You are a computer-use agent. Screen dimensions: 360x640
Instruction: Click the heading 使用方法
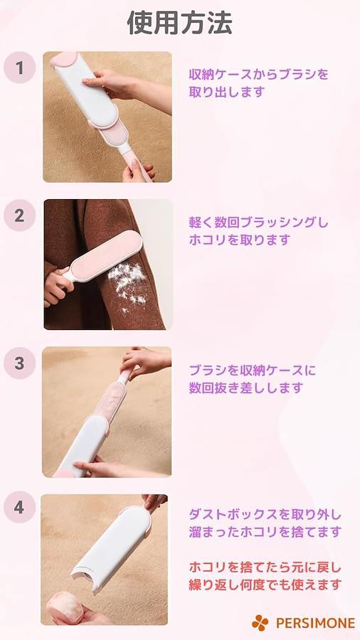179,23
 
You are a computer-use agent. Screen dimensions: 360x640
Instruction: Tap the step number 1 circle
20,68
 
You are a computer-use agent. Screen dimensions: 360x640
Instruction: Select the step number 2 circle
20,215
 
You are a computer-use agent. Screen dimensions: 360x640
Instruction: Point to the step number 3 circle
20,363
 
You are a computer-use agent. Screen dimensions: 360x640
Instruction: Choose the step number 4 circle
20,507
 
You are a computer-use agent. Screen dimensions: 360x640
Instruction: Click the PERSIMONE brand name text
315,623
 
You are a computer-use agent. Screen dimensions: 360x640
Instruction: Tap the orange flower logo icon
260,623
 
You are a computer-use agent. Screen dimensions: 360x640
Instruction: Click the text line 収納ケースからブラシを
258,75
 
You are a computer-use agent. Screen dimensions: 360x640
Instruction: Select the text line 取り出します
227,92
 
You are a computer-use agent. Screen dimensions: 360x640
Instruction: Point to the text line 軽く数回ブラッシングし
258,223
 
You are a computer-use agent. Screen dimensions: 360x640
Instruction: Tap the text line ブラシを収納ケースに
253,370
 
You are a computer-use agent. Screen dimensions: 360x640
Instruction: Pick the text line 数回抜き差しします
245,388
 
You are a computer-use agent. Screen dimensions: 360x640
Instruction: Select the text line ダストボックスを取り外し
265,514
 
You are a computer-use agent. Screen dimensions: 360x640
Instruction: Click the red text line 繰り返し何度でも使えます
265,585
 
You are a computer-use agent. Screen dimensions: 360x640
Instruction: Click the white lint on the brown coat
127,286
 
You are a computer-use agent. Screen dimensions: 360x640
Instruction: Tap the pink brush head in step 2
104,255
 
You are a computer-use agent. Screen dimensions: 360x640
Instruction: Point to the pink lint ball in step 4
65,607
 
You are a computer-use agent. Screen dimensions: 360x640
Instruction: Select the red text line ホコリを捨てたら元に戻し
265,567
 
